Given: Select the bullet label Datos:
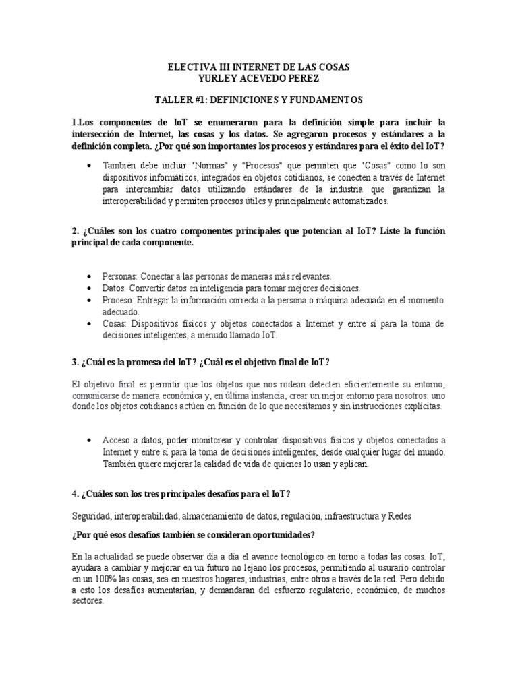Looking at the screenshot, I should coord(116,288).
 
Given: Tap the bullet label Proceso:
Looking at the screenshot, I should coord(120,299).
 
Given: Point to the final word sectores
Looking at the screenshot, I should coord(87,602).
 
